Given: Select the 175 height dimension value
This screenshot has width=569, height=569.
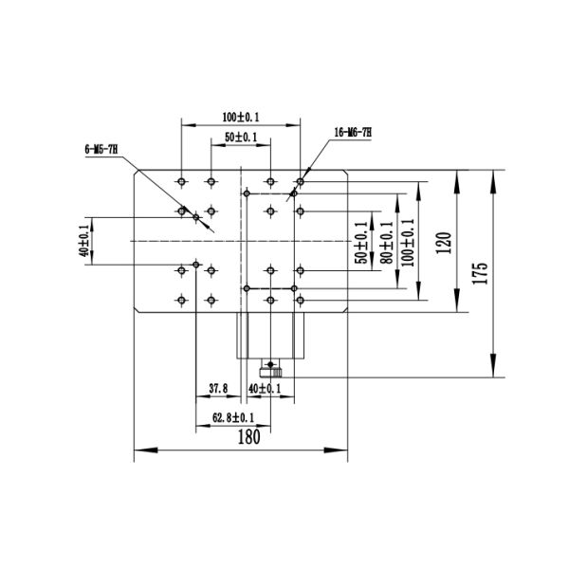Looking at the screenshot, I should point(481,273).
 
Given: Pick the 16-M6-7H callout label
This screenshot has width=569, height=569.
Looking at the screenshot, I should point(354,132).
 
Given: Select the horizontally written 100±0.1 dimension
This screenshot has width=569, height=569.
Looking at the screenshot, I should point(241,117).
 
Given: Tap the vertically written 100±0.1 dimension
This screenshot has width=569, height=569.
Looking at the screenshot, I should point(409,242).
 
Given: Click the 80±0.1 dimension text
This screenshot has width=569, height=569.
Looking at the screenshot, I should point(385,242).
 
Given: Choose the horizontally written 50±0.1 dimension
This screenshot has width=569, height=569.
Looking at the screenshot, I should point(241,138).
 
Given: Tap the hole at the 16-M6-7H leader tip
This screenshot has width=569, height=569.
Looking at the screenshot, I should point(301,179).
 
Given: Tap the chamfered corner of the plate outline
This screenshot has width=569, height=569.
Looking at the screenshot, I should point(138,175).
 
